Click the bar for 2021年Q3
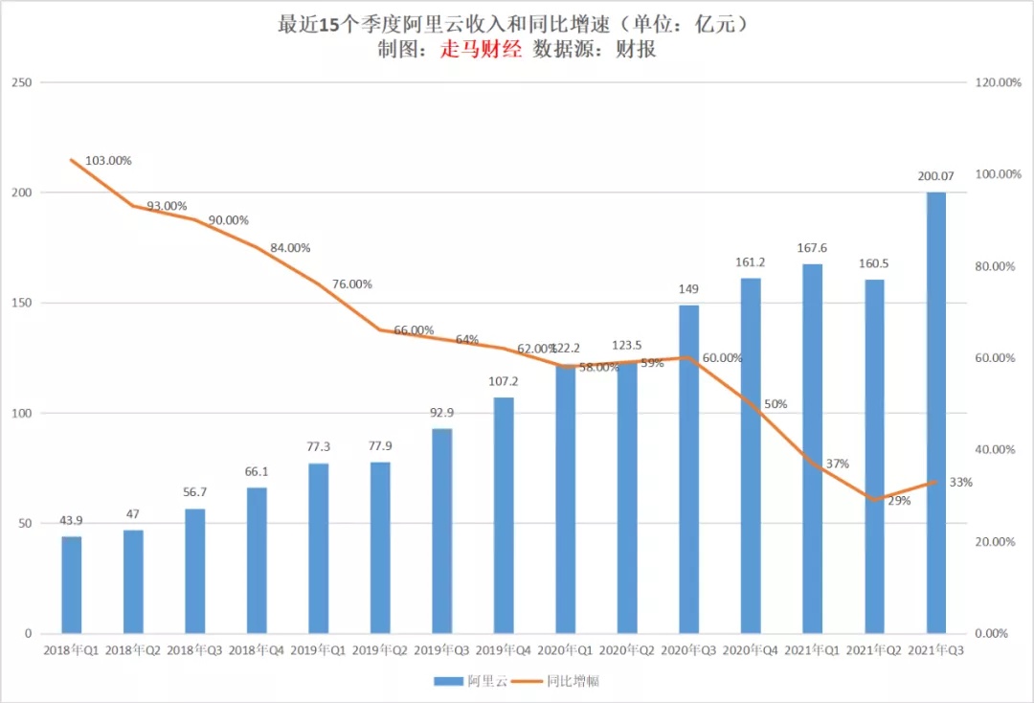click(935, 413)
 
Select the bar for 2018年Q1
click(72, 585)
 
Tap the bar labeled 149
click(689, 469)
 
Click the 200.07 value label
click(935, 177)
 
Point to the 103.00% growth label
click(108, 161)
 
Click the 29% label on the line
click(899, 500)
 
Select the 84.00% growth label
click(291, 248)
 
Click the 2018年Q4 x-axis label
click(258, 651)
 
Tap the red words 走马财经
click(481, 50)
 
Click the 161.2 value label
click(751, 263)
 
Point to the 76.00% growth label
click(352, 284)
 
